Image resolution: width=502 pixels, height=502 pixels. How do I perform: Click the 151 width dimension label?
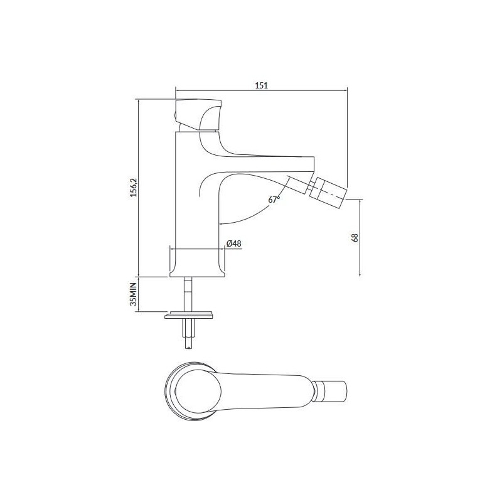(x=261, y=86)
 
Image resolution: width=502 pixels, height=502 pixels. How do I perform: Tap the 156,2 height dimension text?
(x=132, y=188)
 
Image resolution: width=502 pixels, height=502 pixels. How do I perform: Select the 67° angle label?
(x=274, y=200)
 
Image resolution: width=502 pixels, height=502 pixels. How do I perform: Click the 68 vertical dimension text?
(x=355, y=238)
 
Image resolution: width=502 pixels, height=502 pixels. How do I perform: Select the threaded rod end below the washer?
(x=189, y=336)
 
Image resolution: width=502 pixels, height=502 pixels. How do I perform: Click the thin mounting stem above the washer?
(x=188, y=292)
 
